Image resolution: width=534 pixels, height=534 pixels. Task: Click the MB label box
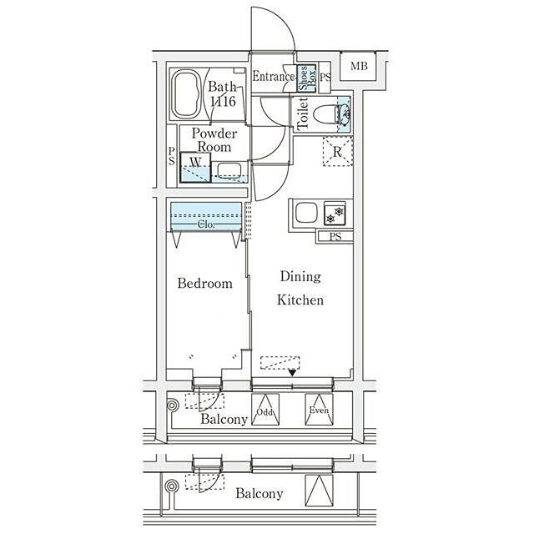click(359, 66)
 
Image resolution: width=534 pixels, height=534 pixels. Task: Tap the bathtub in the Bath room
click(186, 94)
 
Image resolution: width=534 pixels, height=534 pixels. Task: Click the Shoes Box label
click(307, 78)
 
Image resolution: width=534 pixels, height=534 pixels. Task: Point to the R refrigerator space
click(337, 151)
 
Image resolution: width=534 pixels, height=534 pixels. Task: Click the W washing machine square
click(195, 167)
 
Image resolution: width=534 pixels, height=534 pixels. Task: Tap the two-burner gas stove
click(335, 214)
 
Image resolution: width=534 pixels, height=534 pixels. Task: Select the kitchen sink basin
click(306, 214)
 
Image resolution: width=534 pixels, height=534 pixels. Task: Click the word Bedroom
click(205, 284)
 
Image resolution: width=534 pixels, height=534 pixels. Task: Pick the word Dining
click(300, 277)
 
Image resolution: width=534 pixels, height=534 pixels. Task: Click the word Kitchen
click(300, 300)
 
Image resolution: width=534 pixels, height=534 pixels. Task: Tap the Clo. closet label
click(206, 224)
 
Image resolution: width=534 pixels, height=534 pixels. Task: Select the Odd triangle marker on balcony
click(265, 410)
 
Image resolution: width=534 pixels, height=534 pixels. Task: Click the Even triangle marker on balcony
click(319, 410)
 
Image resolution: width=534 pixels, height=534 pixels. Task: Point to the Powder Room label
click(214, 140)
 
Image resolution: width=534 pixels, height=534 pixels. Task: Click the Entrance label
click(274, 76)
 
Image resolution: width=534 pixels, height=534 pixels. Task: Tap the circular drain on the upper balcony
click(173, 406)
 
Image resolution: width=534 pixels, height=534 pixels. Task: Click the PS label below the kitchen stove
click(335, 236)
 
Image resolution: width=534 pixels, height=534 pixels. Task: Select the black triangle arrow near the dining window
click(292, 373)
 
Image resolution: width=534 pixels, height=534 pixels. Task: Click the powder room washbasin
click(229, 171)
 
